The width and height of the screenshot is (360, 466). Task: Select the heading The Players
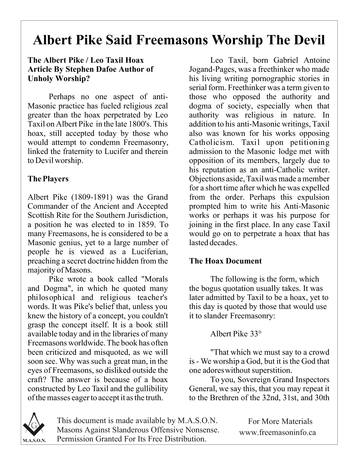coord(48,179)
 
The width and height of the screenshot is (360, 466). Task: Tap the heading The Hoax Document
coord(225,261)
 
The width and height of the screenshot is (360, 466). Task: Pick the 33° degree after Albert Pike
coord(256,334)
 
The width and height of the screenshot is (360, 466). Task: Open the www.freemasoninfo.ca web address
coord(277,432)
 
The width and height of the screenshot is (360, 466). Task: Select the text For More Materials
coord(280,422)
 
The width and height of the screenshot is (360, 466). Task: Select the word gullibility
coord(153,389)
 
